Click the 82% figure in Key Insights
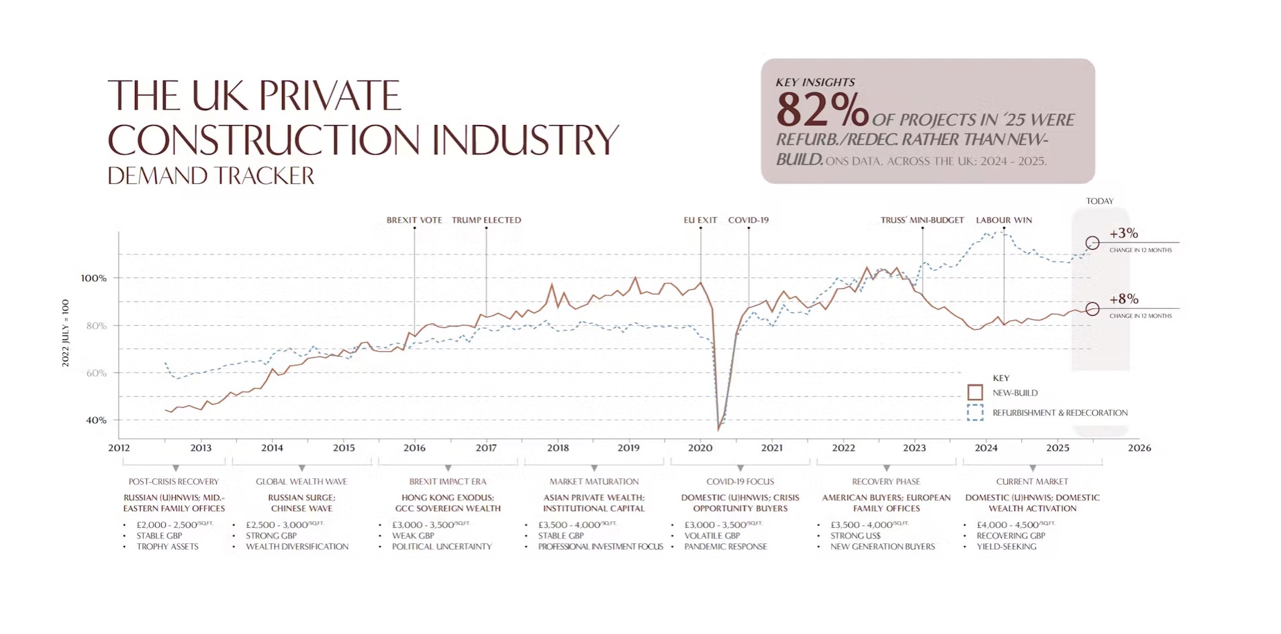[x=822, y=109]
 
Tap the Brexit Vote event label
[x=414, y=220]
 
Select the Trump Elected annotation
[x=486, y=220]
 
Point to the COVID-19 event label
[x=748, y=220]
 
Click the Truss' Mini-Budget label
[x=922, y=220]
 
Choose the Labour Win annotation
[x=1004, y=220]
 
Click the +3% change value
[x=1123, y=234]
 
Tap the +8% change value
[x=1123, y=300]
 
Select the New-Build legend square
[x=975, y=392]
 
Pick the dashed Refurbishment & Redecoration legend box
[x=975, y=412]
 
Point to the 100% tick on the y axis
[x=93, y=278]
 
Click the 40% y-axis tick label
[x=96, y=420]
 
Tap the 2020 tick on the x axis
[x=700, y=448]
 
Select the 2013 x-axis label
[x=201, y=448]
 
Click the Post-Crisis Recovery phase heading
[x=174, y=482]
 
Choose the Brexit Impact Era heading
[x=448, y=482]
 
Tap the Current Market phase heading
[x=1032, y=482]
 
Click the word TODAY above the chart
[x=1100, y=201]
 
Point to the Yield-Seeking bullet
[x=1006, y=547]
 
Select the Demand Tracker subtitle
[x=211, y=176]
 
